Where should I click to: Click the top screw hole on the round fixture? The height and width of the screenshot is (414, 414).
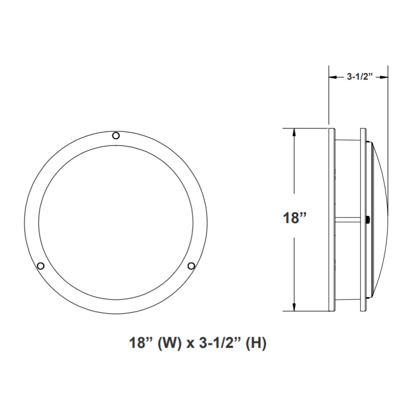116,136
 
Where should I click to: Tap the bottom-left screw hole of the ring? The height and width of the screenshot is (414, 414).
40,266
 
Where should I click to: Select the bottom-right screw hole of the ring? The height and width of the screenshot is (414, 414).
191,266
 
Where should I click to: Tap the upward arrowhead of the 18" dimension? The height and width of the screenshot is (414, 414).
294,132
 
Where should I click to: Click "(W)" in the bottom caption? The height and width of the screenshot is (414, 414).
171,343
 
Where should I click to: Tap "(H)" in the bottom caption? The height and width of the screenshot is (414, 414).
257,343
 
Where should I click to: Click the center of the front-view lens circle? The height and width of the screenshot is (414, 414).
116,222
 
